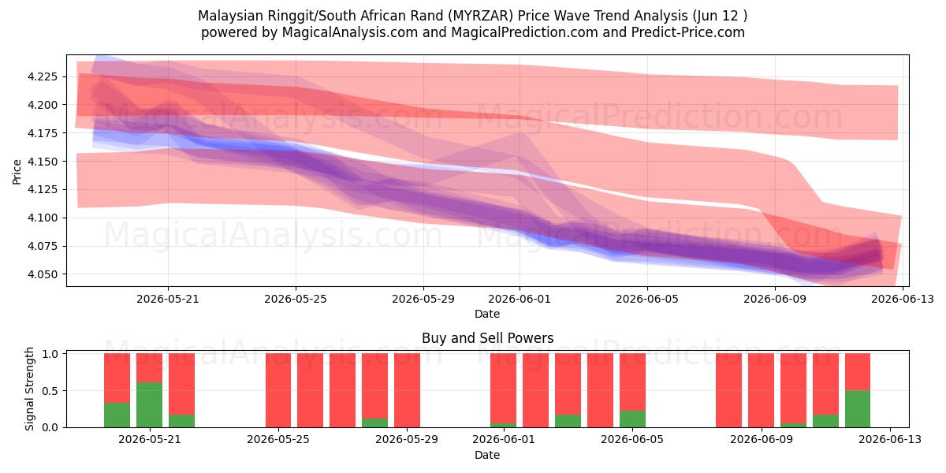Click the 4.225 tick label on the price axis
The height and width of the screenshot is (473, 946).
tap(43, 77)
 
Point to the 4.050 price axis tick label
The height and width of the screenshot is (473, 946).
tap(43, 274)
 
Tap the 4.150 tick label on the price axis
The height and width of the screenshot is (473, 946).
tap(43, 162)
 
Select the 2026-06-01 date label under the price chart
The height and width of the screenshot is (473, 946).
tap(520, 300)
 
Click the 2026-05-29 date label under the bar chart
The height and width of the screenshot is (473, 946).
tap(407, 440)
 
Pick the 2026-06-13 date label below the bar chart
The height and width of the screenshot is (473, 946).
tap(890, 440)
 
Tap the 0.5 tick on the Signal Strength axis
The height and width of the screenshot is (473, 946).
tap(50, 391)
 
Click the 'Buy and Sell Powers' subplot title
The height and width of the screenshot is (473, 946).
tap(487, 338)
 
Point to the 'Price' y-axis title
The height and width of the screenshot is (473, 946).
tap(17, 172)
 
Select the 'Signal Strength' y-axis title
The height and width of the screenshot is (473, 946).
tap(29, 389)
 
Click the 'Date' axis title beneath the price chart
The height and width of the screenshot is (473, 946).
tap(487, 315)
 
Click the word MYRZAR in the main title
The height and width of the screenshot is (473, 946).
tap(481, 16)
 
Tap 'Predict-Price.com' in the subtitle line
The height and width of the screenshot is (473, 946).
tap(688, 32)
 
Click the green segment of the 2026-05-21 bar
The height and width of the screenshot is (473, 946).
tap(149, 405)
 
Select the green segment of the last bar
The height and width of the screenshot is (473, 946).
tap(858, 409)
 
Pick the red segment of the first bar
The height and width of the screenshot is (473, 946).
tap(117, 378)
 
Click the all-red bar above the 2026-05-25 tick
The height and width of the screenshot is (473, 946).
tap(278, 391)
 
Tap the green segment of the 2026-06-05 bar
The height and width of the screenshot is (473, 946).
tap(632, 419)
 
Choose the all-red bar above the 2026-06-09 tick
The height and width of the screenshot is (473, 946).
tap(761, 391)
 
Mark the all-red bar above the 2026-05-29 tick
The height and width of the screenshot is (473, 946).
tap(407, 391)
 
